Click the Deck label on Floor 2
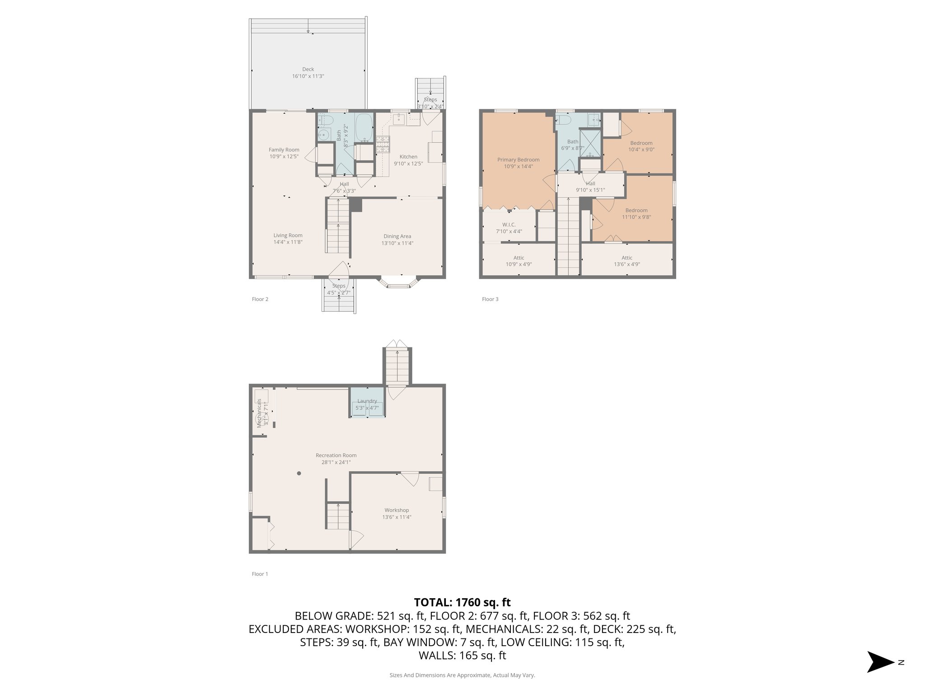(308, 70)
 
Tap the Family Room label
(284, 150)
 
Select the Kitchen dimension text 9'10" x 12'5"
(408, 164)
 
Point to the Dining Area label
(397, 236)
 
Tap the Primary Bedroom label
(518, 160)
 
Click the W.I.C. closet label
(509, 225)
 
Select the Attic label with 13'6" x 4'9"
(626, 258)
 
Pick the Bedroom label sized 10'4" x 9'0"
(641, 143)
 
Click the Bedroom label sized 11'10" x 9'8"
(636, 211)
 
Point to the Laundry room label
(367, 401)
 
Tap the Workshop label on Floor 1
(397, 510)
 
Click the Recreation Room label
(336, 455)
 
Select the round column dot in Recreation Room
(299, 474)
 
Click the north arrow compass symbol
(880, 662)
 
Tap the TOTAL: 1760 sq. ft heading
(462, 602)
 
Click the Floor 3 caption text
(490, 299)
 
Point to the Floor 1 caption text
(260, 574)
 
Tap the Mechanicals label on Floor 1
(260, 413)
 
